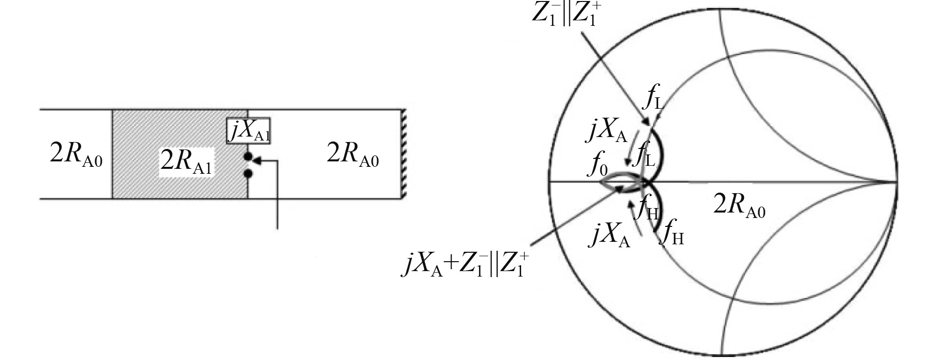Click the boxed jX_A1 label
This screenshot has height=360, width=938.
[x=249, y=131]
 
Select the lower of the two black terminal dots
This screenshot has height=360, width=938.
[x=248, y=174]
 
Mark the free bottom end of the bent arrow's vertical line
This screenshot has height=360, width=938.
[x=277, y=228]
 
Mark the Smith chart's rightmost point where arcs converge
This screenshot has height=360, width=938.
[x=896, y=182]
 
